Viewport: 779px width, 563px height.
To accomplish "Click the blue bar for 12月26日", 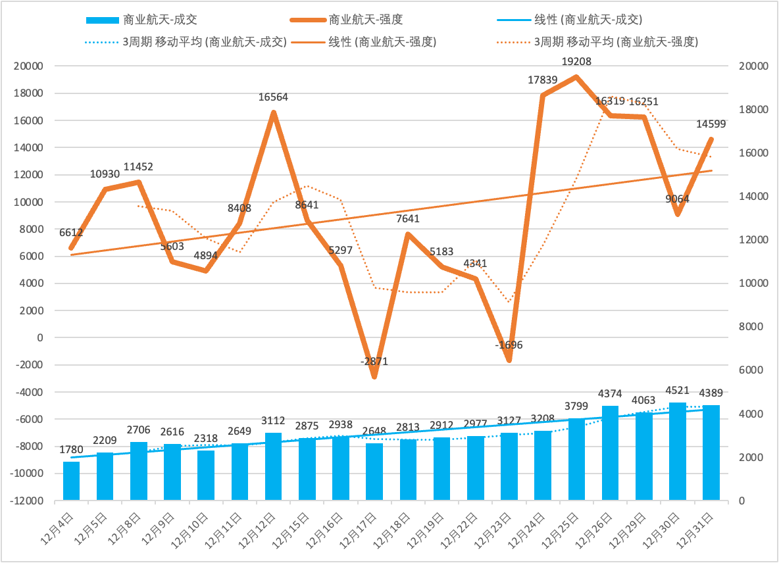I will point(610,453).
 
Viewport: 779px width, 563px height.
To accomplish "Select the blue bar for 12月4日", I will point(71,481).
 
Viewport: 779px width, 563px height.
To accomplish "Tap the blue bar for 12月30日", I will point(678,451).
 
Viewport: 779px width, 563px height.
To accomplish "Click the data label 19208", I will point(576,62).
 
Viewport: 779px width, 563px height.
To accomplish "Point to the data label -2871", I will point(374,361).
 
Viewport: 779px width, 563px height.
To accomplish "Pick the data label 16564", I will point(273,97).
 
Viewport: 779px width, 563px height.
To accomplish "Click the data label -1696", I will point(509,345).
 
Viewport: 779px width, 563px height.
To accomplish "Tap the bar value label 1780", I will point(71,450).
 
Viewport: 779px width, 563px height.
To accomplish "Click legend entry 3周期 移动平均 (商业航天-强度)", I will point(616,41).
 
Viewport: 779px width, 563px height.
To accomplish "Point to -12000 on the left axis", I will point(26,501).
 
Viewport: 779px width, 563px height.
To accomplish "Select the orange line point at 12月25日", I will point(576,77).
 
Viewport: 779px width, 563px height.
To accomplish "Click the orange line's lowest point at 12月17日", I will point(374,376).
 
